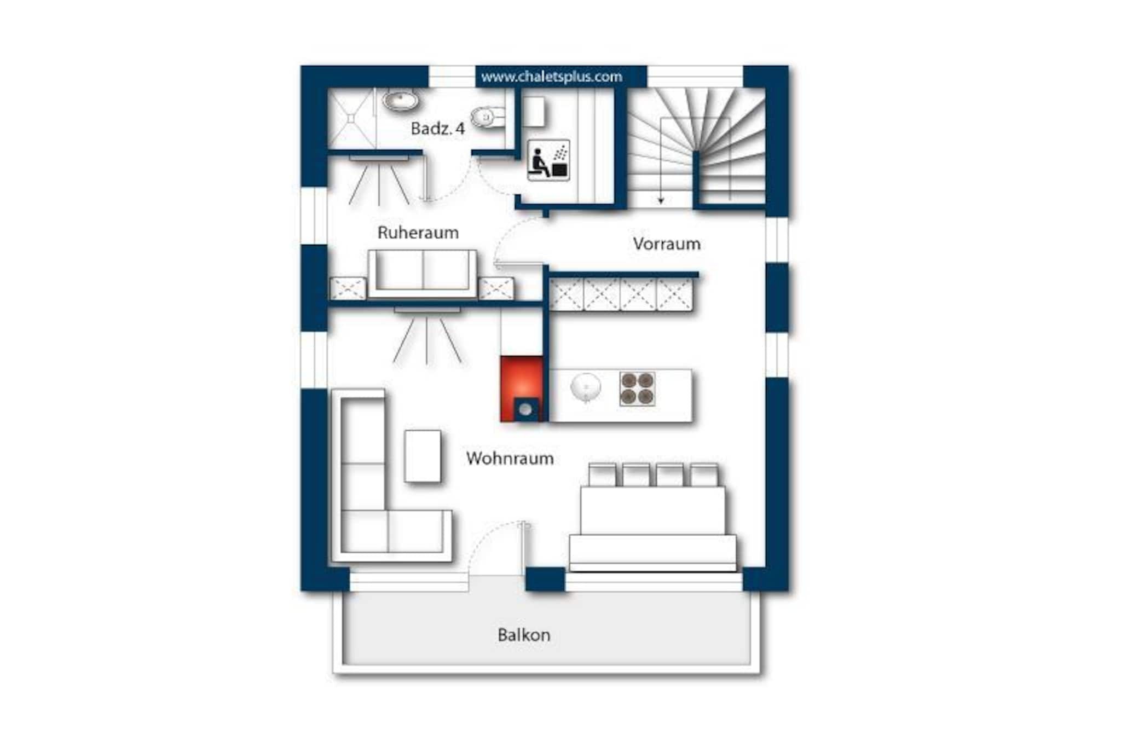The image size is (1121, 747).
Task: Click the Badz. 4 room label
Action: pos(437,129)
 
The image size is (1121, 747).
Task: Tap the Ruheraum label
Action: pos(418,233)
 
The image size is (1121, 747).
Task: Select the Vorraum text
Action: pos(667,244)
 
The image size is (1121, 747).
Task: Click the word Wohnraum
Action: pos(510,458)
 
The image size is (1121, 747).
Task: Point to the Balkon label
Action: pos(524,635)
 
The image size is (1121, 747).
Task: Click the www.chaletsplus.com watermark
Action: pos(552,77)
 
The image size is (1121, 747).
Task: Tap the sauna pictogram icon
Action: pos(548,160)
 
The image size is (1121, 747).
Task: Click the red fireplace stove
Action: pos(522,389)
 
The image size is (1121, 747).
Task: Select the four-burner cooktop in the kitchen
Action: pos(637,389)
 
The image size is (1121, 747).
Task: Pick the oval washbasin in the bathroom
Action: pos(401,101)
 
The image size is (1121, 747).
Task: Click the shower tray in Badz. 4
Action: pos(351,118)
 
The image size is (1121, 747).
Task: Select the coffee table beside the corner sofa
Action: pos(423,456)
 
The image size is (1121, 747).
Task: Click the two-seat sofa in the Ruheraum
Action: pos(422,274)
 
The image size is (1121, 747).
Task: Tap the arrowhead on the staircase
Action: pos(661,200)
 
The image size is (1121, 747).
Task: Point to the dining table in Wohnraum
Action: pos(653,525)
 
